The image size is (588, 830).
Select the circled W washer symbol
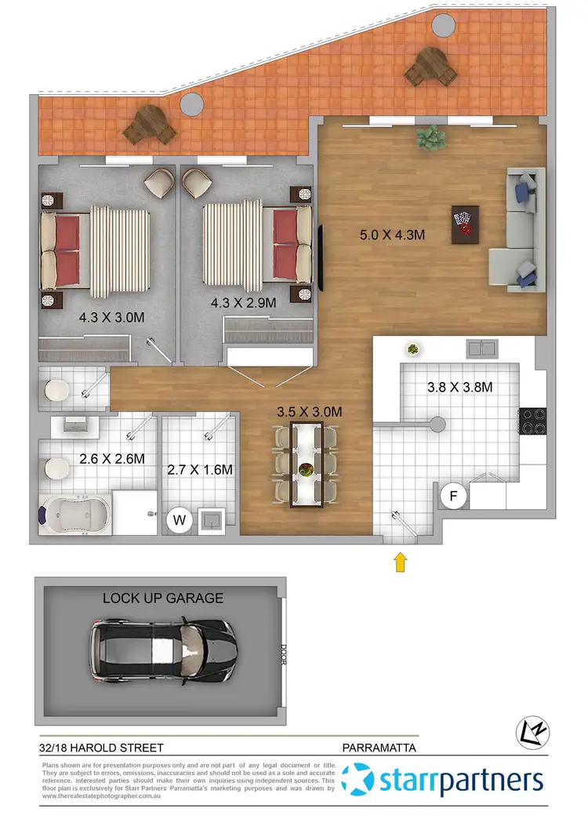pos(180,519)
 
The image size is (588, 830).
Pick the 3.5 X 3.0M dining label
pos(309,410)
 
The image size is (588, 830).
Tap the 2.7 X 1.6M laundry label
pos(200,470)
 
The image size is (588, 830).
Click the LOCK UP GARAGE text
pos(163,598)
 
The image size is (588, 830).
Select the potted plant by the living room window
pos(429,138)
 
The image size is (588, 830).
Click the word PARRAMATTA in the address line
pos(381,748)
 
